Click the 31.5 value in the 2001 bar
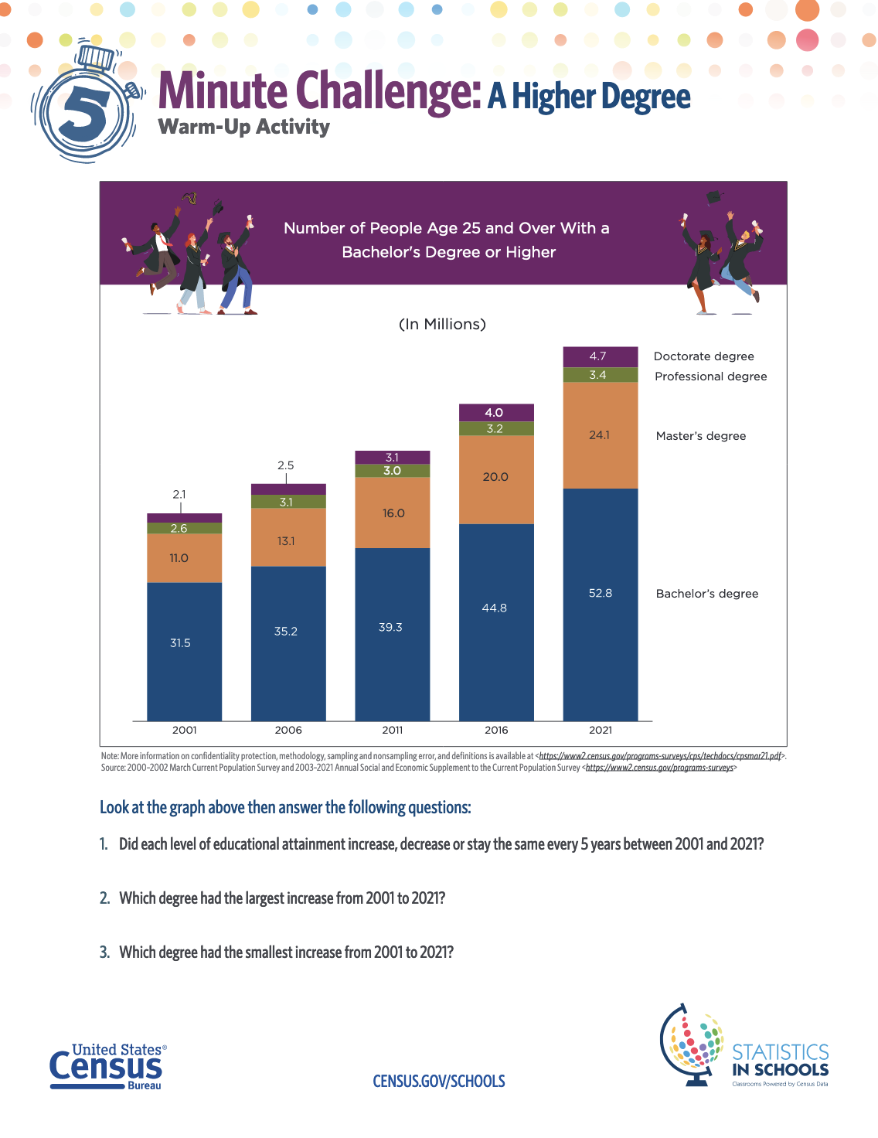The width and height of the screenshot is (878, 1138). (x=180, y=643)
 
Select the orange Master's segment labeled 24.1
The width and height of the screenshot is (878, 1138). (x=600, y=435)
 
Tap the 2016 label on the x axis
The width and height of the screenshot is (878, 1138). (x=496, y=730)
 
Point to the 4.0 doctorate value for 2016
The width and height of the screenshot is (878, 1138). (x=494, y=413)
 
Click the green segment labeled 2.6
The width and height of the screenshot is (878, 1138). (x=179, y=529)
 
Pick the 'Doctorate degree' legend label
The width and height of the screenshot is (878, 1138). (x=703, y=356)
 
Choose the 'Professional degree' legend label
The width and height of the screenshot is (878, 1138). (x=710, y=376)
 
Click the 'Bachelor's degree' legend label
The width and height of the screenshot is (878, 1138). (x=706, y=594)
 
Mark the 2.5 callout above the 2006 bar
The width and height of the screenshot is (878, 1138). (x=286, y=465)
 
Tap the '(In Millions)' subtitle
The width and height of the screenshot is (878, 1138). (x=442, y=324)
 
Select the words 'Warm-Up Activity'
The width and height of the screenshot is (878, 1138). (x=243, y=128)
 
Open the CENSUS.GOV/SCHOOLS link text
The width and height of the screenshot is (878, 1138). (x=439, y=1082)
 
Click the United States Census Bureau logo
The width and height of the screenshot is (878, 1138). (x=107, y=1067)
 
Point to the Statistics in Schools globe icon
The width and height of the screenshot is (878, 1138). (x=692, y=1044)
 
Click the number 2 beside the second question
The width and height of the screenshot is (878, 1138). (x=104, y=898)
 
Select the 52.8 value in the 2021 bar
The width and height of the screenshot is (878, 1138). (x=601, y=593)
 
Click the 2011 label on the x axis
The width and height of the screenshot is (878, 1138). (x=393, y=730)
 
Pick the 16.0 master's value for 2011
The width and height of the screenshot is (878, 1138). (x=393, y=513)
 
